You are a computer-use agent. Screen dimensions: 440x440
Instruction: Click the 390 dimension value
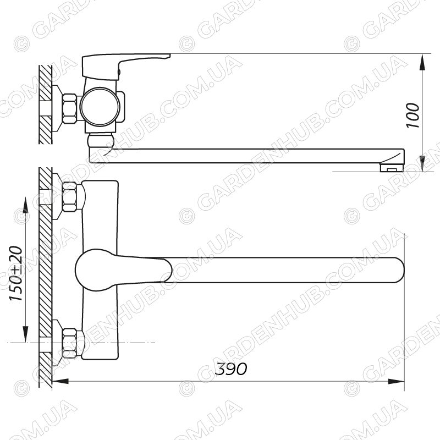[x=231, y=369]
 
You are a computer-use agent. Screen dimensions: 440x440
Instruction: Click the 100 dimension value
[x=413, y=116]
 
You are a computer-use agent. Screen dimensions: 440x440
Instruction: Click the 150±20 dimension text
[x=16, y=273]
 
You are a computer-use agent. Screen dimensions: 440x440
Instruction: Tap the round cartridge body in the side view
[x=100, y=107]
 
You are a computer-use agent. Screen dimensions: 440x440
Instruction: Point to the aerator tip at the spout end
[x=392, y=167]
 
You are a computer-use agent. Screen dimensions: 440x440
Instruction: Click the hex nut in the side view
[x=69, y=108]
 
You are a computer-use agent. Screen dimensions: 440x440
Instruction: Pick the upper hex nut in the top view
[x=70, y=197]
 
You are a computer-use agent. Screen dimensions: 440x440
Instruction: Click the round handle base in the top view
[x=96, y=270]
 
